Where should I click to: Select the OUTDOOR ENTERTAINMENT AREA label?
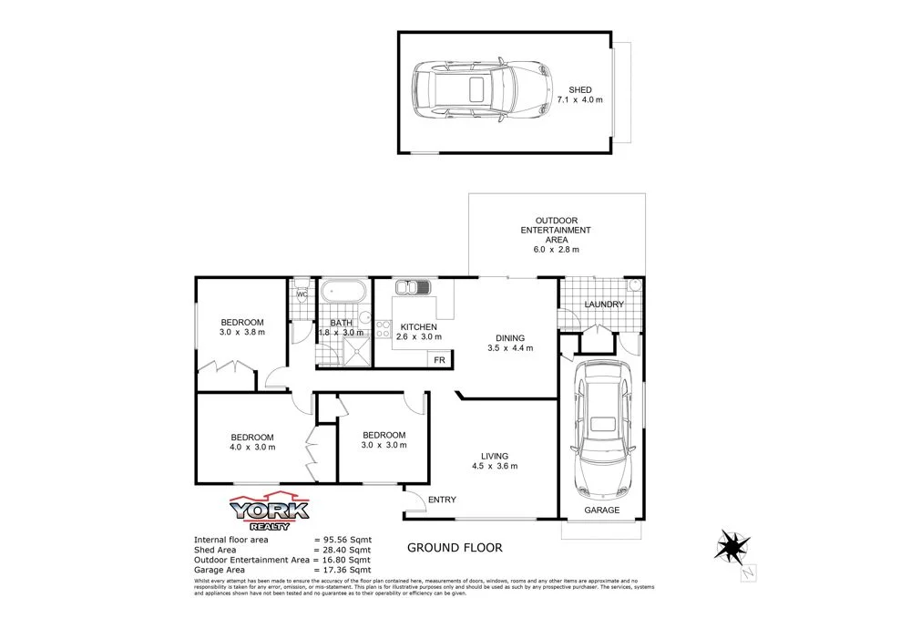[x=556, y=231]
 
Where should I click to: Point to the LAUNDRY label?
[x=604, y=304]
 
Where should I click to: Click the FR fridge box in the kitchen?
[x=439, y=360]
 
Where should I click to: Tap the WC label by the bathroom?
[x=302, y=294]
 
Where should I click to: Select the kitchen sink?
[x=413, y=289]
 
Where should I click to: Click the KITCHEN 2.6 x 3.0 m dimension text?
[x=419, y=336]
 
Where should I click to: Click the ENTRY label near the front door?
[x=442, y=500]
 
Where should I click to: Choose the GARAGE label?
[x=601, y=511]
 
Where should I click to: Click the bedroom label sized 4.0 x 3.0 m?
[x=252, y=441]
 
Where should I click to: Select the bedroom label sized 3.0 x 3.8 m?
[x=242, y=326]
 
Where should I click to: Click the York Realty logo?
[x=270, y=513]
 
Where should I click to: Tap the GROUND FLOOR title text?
[x=454, y=548]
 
